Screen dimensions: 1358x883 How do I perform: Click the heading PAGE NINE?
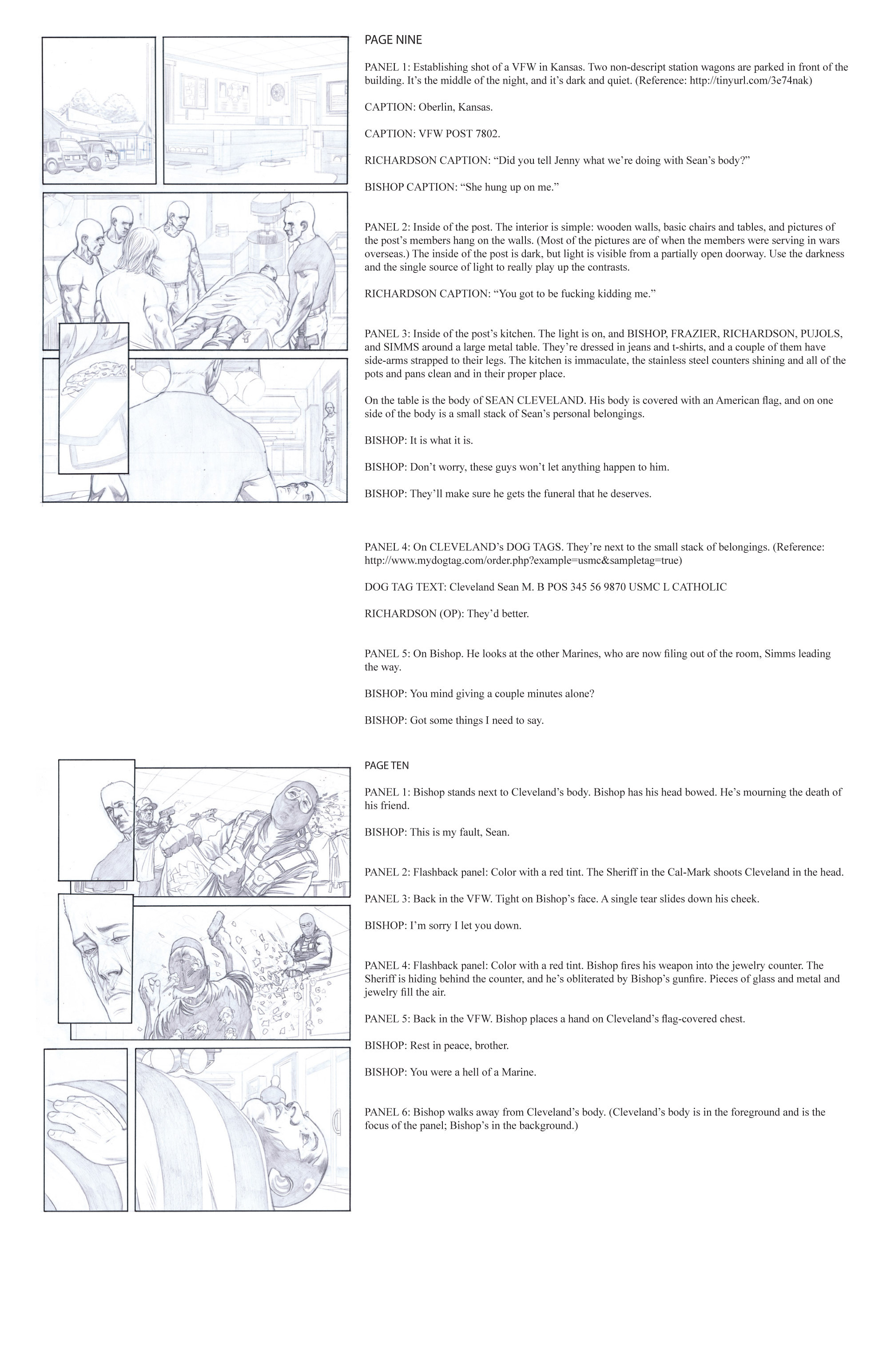tap(393, 40)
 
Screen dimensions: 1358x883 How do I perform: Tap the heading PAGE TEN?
tap(387, 765)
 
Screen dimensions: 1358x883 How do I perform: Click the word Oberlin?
tap(434, 107)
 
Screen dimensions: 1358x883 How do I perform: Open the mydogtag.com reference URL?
tap(522, 560)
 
